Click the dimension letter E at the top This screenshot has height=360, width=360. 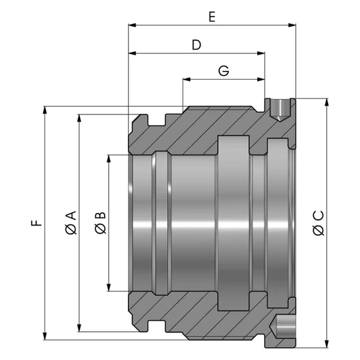click(x=212, y=17)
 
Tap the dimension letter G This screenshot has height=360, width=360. click(x=223, y=71)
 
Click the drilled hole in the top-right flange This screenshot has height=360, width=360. click(x=278, y=109)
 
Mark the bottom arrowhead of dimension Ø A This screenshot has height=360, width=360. click(x=79, y=325)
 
